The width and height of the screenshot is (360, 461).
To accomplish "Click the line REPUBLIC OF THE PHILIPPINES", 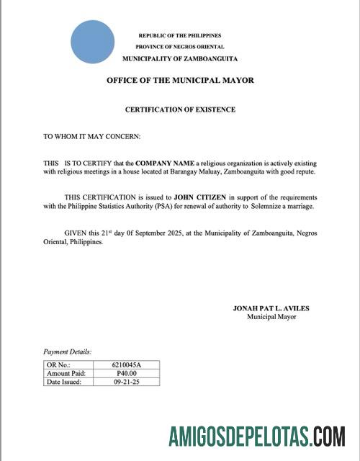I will coord(179,35).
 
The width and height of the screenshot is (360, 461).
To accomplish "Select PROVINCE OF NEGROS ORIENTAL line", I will coord(179,46).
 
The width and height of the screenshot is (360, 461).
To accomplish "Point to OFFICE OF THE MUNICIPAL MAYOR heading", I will coord(180,81).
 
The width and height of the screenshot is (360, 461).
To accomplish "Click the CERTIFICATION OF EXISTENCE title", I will coord(180,109).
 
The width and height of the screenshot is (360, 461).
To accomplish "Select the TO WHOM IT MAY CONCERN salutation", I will coord(91,135).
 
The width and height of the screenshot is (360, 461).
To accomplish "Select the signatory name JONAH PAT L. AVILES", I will coord(271,308).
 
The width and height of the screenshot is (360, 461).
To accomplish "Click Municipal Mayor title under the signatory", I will coord(271,316).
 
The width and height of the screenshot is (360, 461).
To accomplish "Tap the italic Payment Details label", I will coord(67,352).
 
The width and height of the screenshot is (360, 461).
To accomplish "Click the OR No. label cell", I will coord(59,366).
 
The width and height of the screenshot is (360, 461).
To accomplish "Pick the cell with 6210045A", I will coord(127,366).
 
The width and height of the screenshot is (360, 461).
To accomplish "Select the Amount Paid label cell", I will coord(66,374).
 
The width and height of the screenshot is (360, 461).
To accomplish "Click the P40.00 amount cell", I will coord(127,374).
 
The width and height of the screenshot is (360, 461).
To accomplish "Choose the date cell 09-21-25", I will coord(127,382).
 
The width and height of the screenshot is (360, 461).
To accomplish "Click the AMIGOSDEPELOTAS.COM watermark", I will coord(256,437).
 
